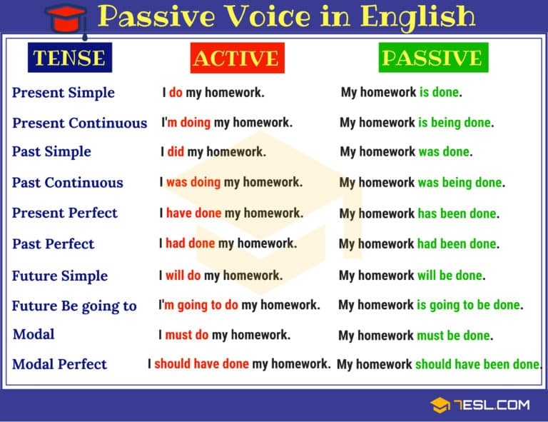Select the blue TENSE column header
pyautogui.click(x=69, y=58)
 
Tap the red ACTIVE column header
pyautogui.click(x=237, y=58)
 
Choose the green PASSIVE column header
pyautogui.click(x=432, y=58)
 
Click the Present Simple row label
pyautogui.click(x=64, y=93)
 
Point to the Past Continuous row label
pyautogui.click(x=68, y=183)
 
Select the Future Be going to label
pyautogui.click(x=74, y=306)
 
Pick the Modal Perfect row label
pyautogui.click(x=60, y=364)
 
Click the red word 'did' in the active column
pyautogui.click(x=176, y=152)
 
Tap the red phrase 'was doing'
pyautogui.click(x=193, y=183)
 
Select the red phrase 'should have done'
pyautogui.click(x=201, y=364)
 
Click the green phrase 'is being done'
pyautogui.click(x=455, y=123)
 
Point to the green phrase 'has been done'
pyautogui.click(x=457, y=213)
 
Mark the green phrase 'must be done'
pyautogui.click(x=455, y=336)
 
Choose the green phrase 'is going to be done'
pyautogui.click(x=468, y=306)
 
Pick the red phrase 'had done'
pyautogui.click(x=190, y=243)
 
